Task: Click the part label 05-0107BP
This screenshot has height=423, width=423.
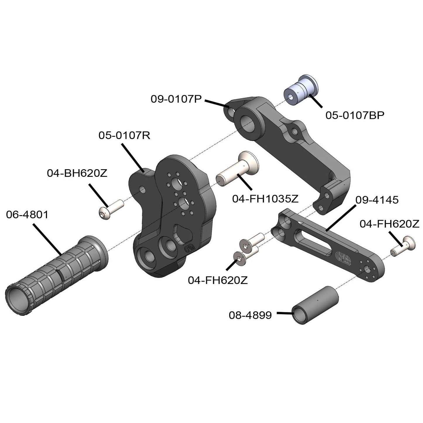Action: click(x=355, y=115)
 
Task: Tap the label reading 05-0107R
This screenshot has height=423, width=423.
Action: click(x=124, y=136)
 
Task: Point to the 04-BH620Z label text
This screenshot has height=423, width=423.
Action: click(x=77, y=173)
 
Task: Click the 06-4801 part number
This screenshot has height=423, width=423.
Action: click(x=27, y=215)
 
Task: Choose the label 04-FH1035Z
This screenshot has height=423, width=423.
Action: click(x=265, y=199)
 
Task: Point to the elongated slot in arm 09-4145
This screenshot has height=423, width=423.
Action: click(x=313, y=240)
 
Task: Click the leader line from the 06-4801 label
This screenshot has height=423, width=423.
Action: click(x=47, y=239)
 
